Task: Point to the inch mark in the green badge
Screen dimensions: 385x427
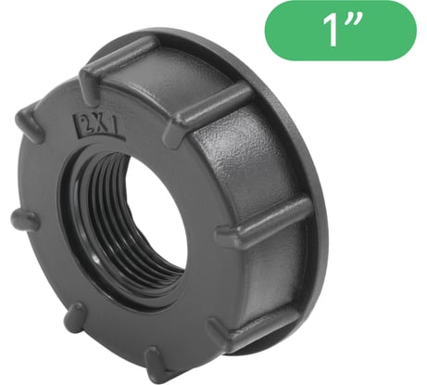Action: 373,22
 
